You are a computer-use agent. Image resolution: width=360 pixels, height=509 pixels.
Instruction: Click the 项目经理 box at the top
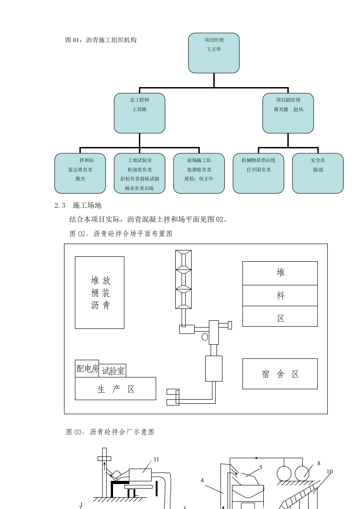pyautogui.click(x=214, y=53)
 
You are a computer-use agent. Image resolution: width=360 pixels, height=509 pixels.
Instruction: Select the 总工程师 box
pyautogui.click(x=139, y=113)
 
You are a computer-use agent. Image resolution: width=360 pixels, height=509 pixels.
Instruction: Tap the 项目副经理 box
pyautogui.click(x=288, y=113)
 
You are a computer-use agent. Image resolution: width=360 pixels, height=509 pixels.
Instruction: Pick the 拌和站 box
pyautogui.click(x=80, y=173)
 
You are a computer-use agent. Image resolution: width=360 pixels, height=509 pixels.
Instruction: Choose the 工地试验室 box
pyautogui.click(x=139, y=173)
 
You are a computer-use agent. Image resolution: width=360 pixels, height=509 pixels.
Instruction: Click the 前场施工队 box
pyautogui.click(x=199, y=173)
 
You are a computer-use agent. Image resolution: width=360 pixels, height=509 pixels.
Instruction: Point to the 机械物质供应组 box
pyautogui.click(x=258, y=173)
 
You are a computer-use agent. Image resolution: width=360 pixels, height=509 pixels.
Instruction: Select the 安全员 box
pyautogui.click(x=317, y=173)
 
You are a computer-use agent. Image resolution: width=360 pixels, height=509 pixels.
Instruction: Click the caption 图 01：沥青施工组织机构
pyautogui.click(x=101, y=40)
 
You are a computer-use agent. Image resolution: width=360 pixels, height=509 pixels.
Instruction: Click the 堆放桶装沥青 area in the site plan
pyautogui.click(x=99, y=292)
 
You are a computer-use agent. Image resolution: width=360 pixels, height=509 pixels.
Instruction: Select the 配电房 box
pyautogui.click(x=87, y=369)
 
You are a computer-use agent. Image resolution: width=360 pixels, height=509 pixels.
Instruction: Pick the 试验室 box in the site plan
pyautogui.click(x=113, y=371)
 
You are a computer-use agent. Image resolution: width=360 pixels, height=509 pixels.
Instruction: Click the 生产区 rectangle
pyautogui.click(x=115, y=389)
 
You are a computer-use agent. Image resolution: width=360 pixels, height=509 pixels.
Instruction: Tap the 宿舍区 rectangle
pyautogui.click(x=280, y=374)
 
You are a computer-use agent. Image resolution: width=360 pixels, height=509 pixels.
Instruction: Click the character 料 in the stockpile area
pyautogui.click(x=280, y=296)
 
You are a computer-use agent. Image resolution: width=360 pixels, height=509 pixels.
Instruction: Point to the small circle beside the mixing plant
pyautogui.click(x=205, y=337)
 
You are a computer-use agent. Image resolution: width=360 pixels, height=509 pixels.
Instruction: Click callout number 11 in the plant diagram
pyautogui.click(x=156, y=459)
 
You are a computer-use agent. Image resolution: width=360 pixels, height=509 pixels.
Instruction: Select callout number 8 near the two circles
pyautogui.click(x=319, y=463)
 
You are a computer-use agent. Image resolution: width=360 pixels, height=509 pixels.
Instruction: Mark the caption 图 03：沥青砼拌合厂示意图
pyautogui.click(x=110, y=432)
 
